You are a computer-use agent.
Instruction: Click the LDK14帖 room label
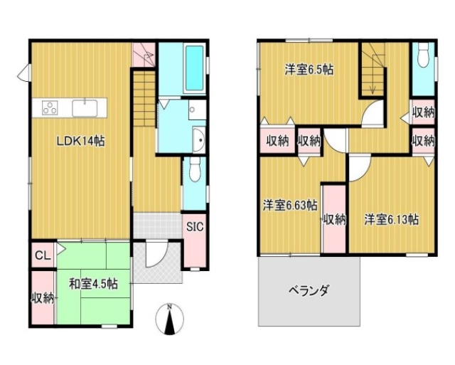pyautogui.click(x=80, y=142)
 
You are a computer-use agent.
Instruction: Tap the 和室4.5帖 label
pyautogui.click(x=93, y=284)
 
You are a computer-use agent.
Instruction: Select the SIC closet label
pyautogui.click(x=195, y=227)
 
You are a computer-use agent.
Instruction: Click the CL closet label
pyautogui.click(x=43, y=256)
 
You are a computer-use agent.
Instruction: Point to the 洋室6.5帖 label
pyautogui.click(x=309, y=70)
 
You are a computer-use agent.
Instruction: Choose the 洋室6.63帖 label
pyautogui.click(x=290, y=206)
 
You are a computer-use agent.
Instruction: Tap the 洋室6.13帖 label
pyautogui.click(x=392, y=219)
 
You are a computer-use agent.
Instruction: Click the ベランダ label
pyautogui.click(x=309, y=290)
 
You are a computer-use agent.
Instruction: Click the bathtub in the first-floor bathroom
pyautogui.click(x=194, y=68)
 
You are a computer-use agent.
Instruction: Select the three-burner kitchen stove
pyautogui.click(x=50, y=107)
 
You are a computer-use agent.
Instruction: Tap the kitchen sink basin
pyautogui.click(x=85, y=108)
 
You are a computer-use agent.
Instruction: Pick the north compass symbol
pyautogui.click(x=170, y=319)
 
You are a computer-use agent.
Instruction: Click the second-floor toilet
pyautogui.click(x=424, y=55)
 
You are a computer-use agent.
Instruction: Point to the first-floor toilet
pyautogui.click(x=195, y=169)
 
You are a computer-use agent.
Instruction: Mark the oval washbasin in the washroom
pyautogui.click(x=200, y=139)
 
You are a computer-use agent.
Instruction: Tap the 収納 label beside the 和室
pyautogui.click(x=43, y=298)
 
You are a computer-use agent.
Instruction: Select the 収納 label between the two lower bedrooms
pyautogui.click(x=335, y=220)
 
